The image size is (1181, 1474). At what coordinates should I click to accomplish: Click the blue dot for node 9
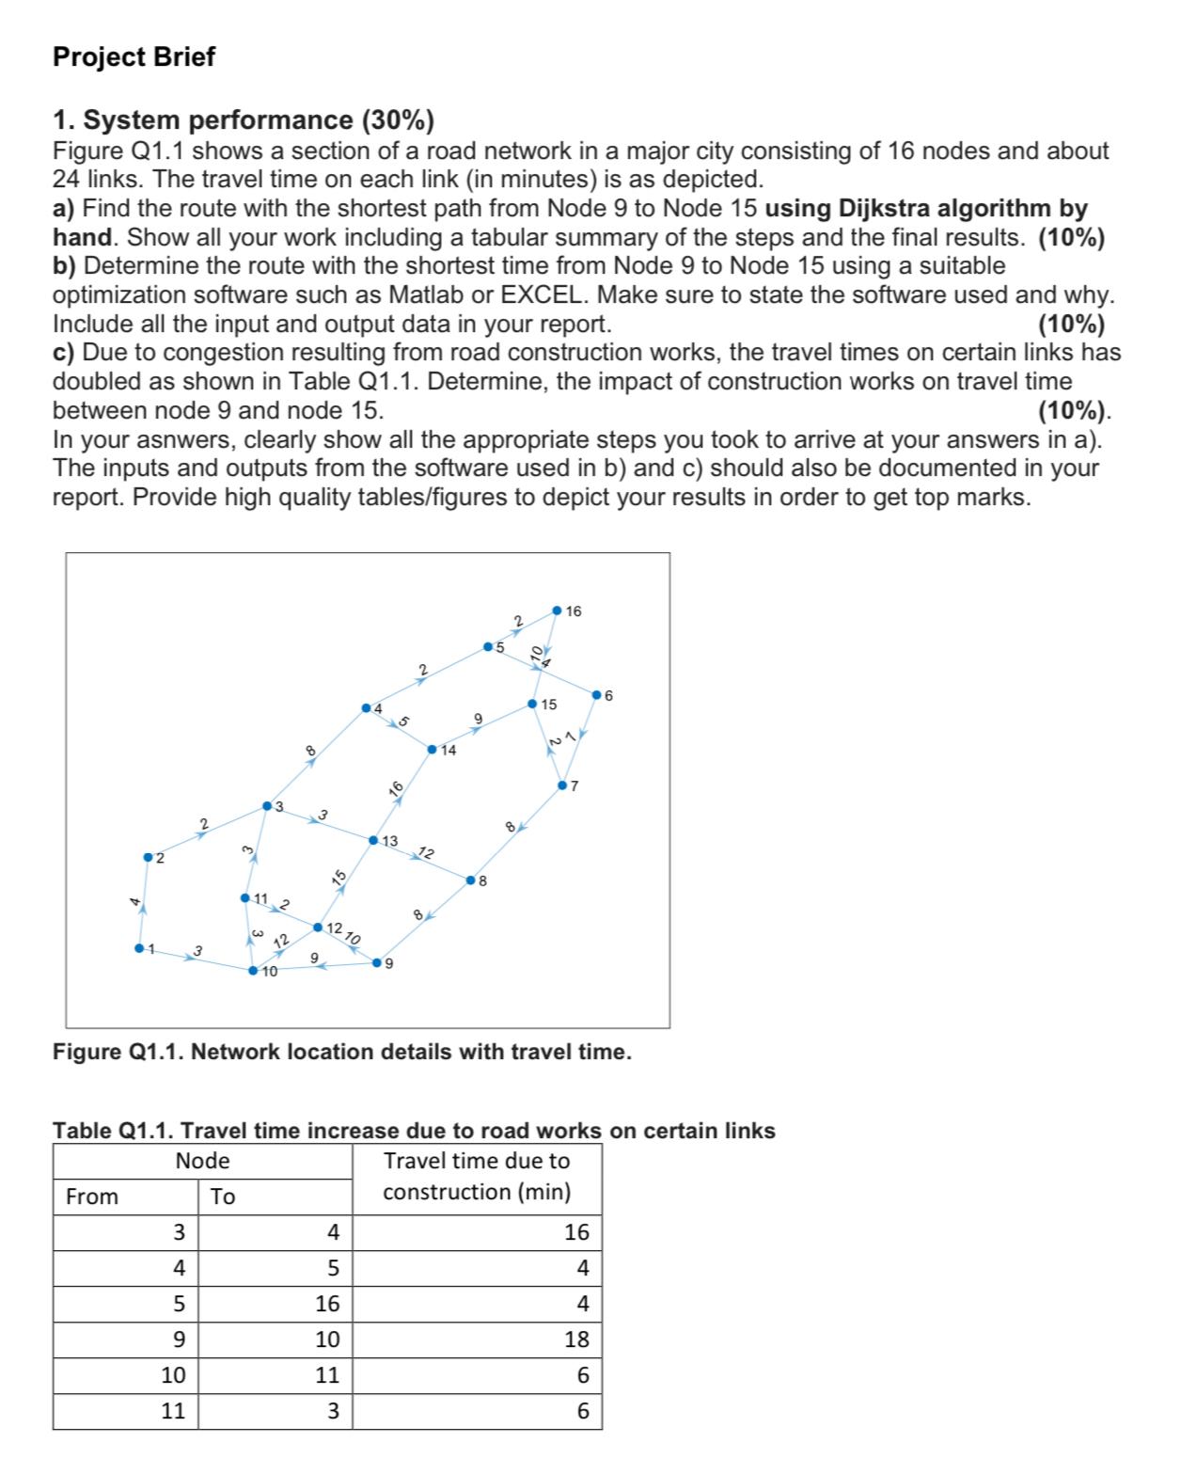click(377, 962)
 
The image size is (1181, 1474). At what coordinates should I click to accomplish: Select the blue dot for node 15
click(532, 704)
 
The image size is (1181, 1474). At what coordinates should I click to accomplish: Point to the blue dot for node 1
click(139, 948)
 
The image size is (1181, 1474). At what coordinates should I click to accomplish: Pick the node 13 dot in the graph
click(373, 839)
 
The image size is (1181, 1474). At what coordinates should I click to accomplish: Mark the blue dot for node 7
click(562, 785)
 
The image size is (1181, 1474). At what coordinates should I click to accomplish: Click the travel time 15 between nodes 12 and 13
click(339, 879)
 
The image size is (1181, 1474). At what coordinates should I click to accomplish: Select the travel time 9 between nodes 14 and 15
click(478, 720)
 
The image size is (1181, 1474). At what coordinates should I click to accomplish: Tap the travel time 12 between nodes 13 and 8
click(425, 853)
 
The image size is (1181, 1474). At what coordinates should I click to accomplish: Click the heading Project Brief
click(134, 56)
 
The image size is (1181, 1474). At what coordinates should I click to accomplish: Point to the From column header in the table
click(92, 1197)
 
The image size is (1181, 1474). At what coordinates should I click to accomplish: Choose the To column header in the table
click(223, 1197)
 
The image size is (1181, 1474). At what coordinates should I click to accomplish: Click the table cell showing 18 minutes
click(576, 1339)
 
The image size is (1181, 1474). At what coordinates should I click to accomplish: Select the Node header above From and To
click(202, 1161)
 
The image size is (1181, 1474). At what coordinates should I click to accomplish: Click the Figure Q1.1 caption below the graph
click(341, 1052)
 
